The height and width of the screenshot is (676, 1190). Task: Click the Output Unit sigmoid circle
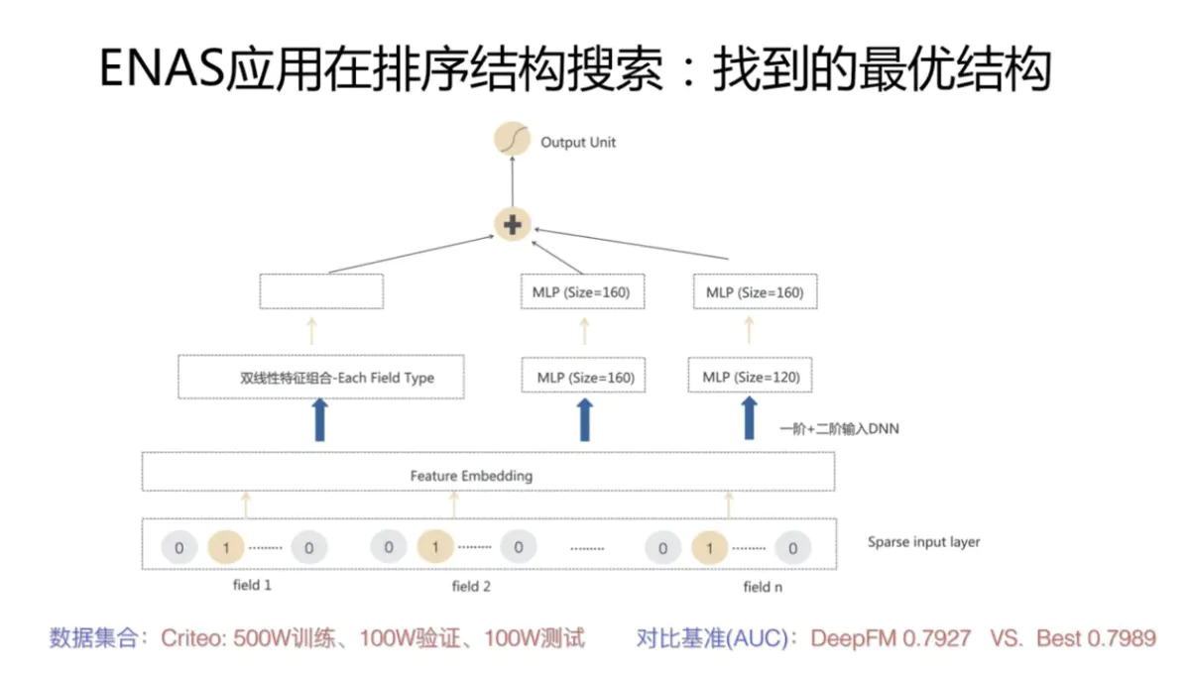point(513,142)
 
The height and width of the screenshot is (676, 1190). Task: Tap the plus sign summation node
point(513,225)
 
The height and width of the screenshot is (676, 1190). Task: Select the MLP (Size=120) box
point(751,377)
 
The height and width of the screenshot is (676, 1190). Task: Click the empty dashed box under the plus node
point(321,291)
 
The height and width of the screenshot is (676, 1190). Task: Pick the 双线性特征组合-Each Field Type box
point(321,378)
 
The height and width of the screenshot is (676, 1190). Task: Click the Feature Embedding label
point(471,476)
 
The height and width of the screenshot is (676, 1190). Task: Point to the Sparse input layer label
point(923,542)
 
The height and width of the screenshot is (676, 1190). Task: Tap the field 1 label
point(252,585)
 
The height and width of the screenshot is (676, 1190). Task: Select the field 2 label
point(471,586)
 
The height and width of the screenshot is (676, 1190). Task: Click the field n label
point(764,587)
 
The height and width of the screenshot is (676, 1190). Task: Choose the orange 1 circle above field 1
point(226,547)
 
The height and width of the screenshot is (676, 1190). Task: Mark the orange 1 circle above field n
point(708,547)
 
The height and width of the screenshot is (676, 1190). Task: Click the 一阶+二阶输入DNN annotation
point(840,429)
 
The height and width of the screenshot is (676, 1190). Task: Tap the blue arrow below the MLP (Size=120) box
point(750,418)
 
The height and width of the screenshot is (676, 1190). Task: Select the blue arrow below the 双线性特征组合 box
point(320,418)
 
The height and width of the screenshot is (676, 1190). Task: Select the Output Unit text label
point(578,143)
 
